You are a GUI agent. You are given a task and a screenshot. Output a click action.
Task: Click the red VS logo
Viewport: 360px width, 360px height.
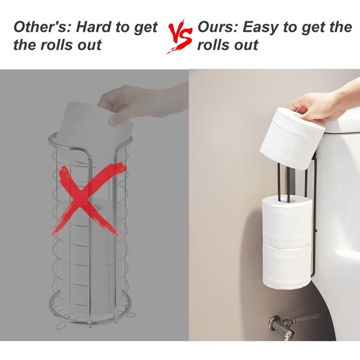[180, 37]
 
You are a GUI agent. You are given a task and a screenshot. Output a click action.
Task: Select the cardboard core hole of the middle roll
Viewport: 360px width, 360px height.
[287, 200]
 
